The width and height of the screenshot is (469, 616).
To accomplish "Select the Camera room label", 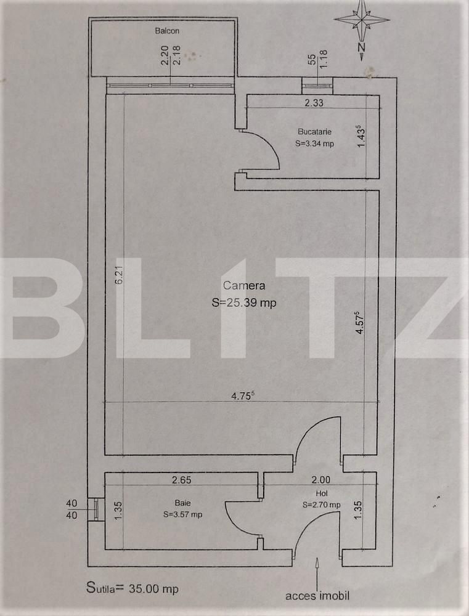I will (244, 285).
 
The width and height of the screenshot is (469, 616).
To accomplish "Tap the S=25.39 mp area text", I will (244, 302).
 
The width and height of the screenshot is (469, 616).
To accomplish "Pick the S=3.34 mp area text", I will (314, 144).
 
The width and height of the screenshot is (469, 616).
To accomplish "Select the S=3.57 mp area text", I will (183, 514).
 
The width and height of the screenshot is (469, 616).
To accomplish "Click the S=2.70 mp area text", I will (321, 505).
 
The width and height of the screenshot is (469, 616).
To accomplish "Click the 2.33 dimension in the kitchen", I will (314, 103).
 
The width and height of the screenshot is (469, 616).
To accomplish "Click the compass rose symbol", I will (362, 20).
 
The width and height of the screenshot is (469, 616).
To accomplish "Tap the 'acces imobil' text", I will (317, 596).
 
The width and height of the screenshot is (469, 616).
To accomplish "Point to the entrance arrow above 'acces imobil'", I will (317, 570).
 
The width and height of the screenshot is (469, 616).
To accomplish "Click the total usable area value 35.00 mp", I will (153, 589).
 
